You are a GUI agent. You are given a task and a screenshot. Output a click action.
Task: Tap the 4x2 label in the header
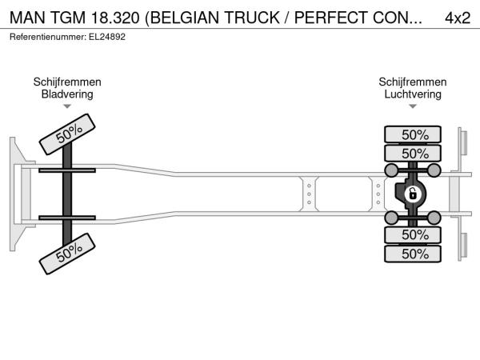click(x=457, y=18)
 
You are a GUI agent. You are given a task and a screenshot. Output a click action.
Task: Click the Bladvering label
click(x=67, y=94)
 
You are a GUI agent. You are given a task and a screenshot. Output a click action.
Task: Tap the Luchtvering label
click(x=413, y=94)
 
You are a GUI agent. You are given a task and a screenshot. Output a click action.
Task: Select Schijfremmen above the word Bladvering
click(x=67, y=82)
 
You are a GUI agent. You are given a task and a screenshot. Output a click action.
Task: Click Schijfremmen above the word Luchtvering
click(x=413, y=82)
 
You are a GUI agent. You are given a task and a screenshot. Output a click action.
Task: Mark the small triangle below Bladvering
click(x=67, y=107)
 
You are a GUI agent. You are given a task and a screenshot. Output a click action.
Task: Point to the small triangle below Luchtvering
click(x=413, y=107)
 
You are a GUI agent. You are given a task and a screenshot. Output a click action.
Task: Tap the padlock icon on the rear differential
click(x=414, y=194)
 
